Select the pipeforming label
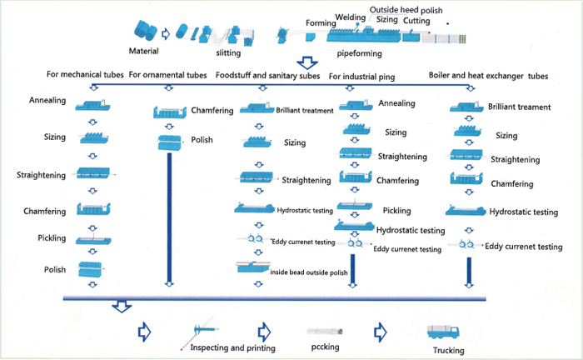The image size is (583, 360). [359, 52]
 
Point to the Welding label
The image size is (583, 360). [351, 16]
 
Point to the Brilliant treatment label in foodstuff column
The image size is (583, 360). [306, 109]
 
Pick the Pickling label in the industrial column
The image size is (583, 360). [396, 210]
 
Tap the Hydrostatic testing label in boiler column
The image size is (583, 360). [524, 212]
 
